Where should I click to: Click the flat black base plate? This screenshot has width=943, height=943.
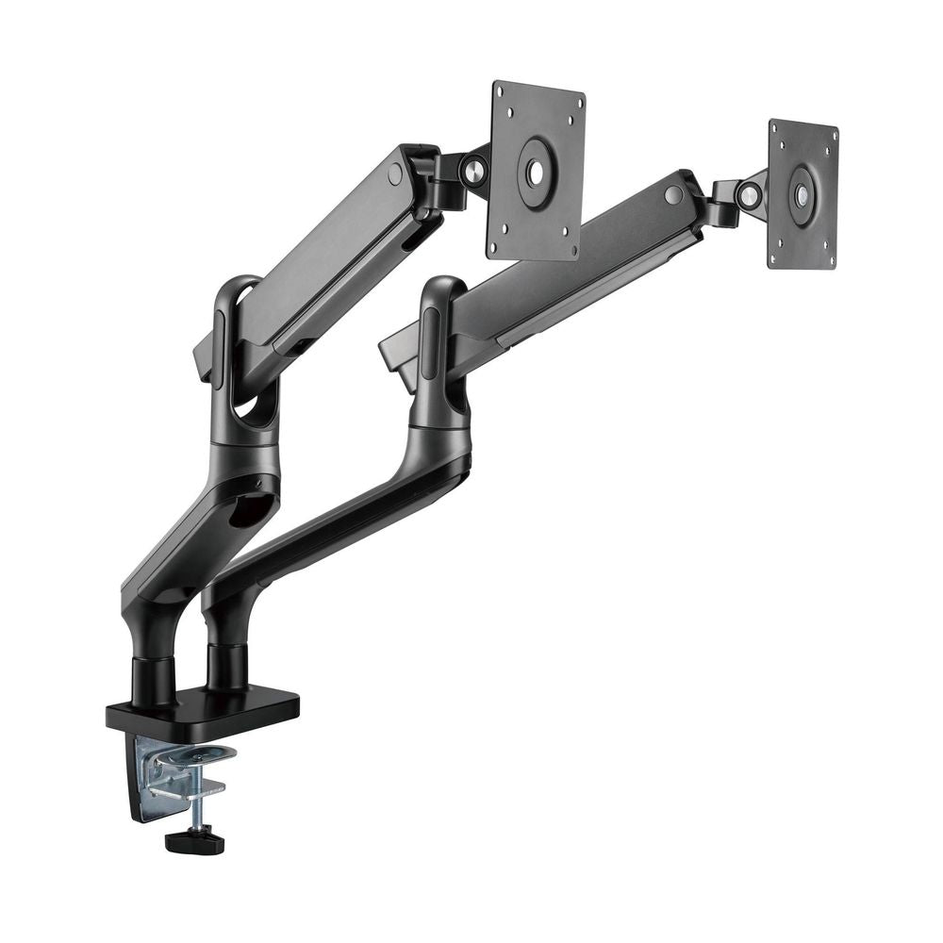pos(202,707)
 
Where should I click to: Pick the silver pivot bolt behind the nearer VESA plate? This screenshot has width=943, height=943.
pos(472,170)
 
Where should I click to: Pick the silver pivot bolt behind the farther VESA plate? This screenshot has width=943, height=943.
pos(749,196)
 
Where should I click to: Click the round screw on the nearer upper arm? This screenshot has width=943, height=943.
pos(395,174)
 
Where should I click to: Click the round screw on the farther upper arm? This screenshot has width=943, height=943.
pos(672,195)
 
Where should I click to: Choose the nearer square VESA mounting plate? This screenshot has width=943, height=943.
pos(536,171)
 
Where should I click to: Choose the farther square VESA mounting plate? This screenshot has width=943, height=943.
pos(802,194)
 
